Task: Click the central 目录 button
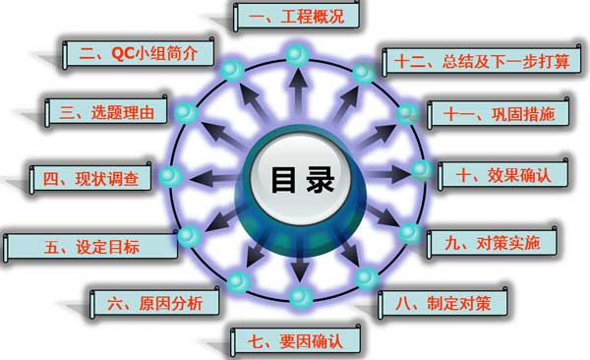pyautogui.click(x=296, y=180)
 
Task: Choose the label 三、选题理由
pyautogui.click(x=111, y=112)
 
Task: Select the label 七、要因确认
pyautogui.click(x=295, y=341)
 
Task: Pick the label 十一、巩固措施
pyautogui.click(x=498, y=114)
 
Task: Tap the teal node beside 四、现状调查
pyautogui.click(x=169, y=177)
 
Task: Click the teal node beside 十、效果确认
pyautogui.click(x=421, y=170)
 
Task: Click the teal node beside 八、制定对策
pyautogui.click(x=366, y=278)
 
